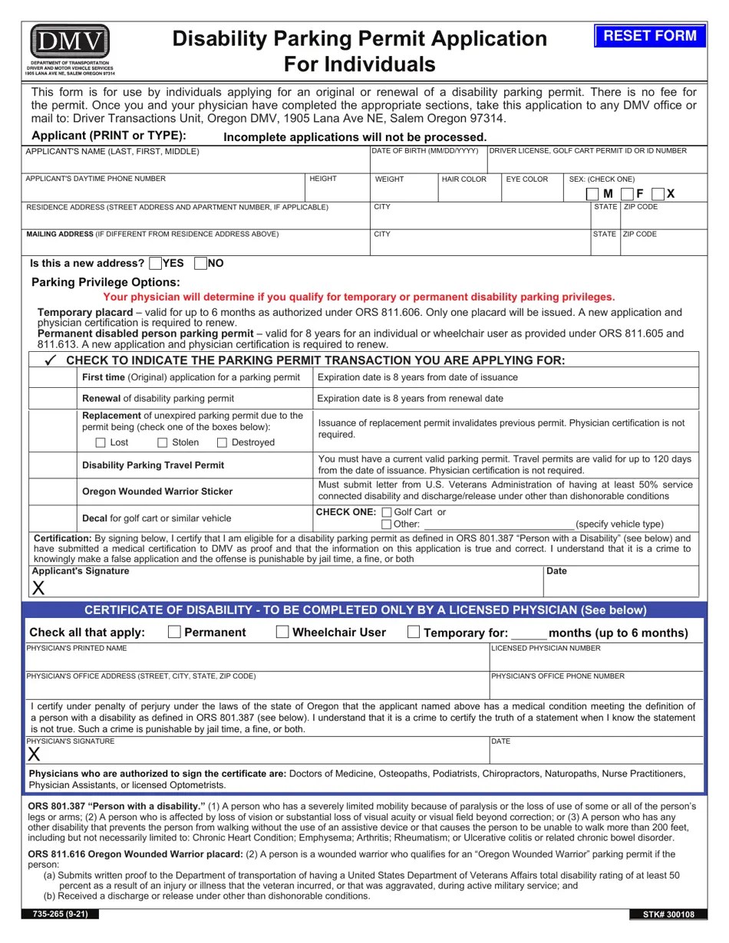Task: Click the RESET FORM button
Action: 649,36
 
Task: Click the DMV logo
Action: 70,42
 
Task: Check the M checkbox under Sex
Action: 592,194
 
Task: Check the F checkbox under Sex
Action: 627,194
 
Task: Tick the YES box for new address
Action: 156,264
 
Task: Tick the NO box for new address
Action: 201,264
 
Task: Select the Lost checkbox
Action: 101,442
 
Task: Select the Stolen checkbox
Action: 162,442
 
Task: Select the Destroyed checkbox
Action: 222,442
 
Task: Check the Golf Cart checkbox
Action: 386,512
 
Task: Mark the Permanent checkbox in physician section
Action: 174,632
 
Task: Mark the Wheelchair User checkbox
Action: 282,632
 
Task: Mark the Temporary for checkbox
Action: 414,632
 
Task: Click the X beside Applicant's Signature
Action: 38,588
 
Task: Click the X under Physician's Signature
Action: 34,754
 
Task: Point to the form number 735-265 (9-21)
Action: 60,915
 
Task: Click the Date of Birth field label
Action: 425,151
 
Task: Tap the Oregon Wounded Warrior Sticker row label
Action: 157,491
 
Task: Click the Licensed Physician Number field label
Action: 546,649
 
